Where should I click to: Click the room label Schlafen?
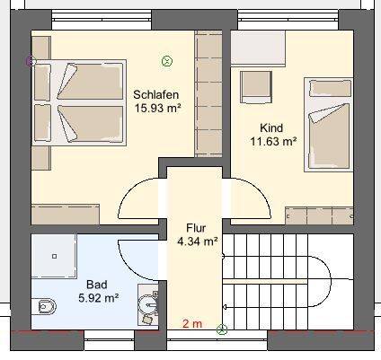pos(157,95)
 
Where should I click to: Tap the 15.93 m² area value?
pos(157,109)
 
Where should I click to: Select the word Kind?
pos(271,127)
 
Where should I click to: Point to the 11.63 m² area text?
pos(274,141)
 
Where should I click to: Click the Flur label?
pos(197,228)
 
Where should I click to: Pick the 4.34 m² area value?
pos(197,241)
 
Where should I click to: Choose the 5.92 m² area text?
pos(99,297)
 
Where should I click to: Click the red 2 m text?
pos(190,324)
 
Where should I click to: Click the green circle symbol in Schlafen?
pos(166,61)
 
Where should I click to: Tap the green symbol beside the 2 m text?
pos(221,327)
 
